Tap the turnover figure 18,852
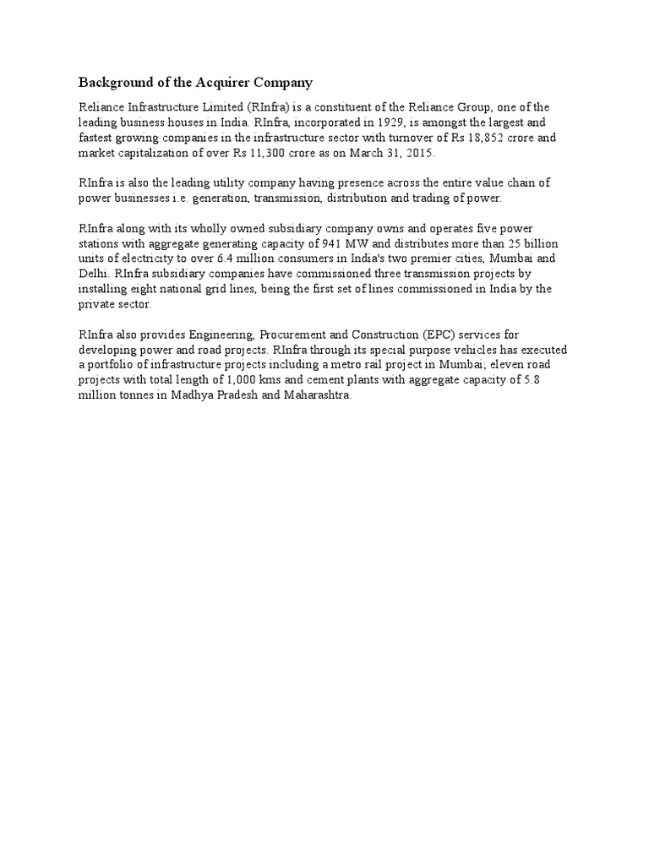click(486, 138)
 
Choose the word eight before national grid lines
click(136, 289)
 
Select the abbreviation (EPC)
click(437, 335)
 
